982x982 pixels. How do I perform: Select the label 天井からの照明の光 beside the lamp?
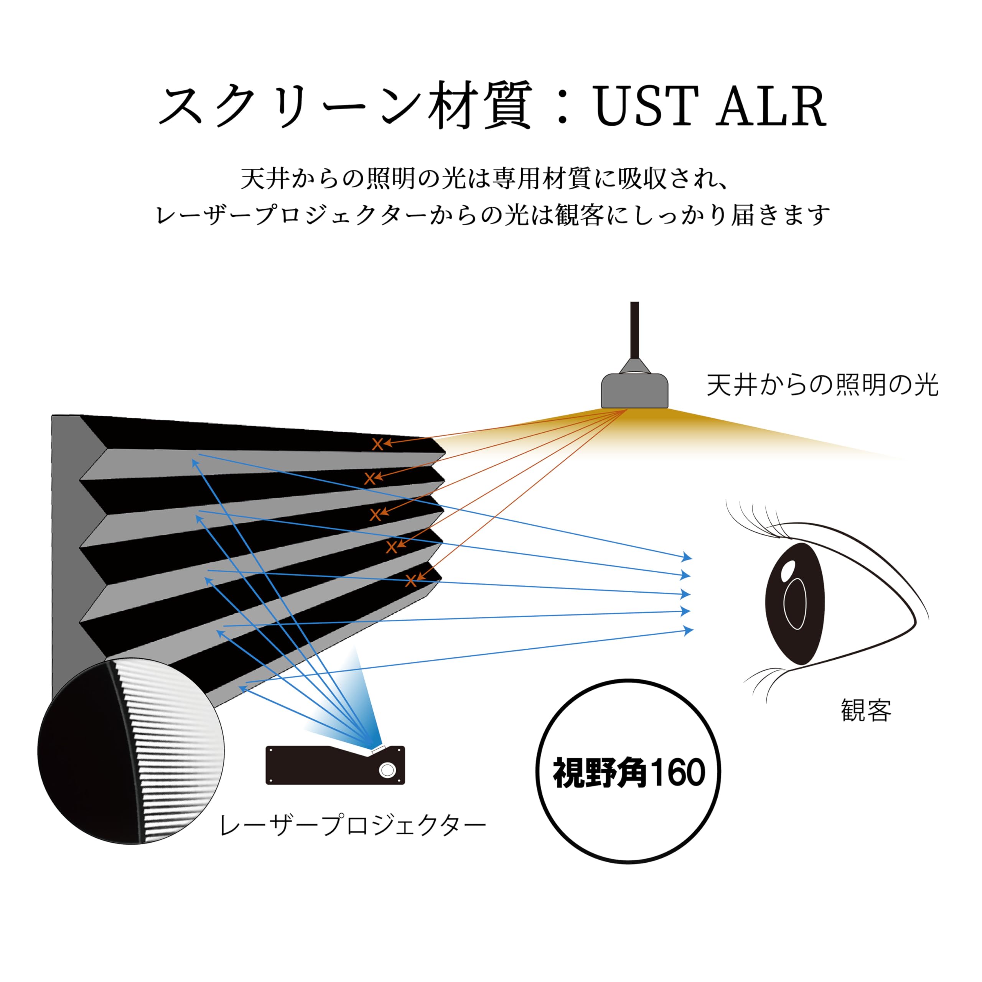[x=822, y=385]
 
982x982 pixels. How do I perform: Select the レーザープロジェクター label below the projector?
[x=352, y=826]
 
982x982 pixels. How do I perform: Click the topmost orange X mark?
[x=377, y=444]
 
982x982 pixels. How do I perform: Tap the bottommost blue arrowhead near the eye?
[x=689, y=631]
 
